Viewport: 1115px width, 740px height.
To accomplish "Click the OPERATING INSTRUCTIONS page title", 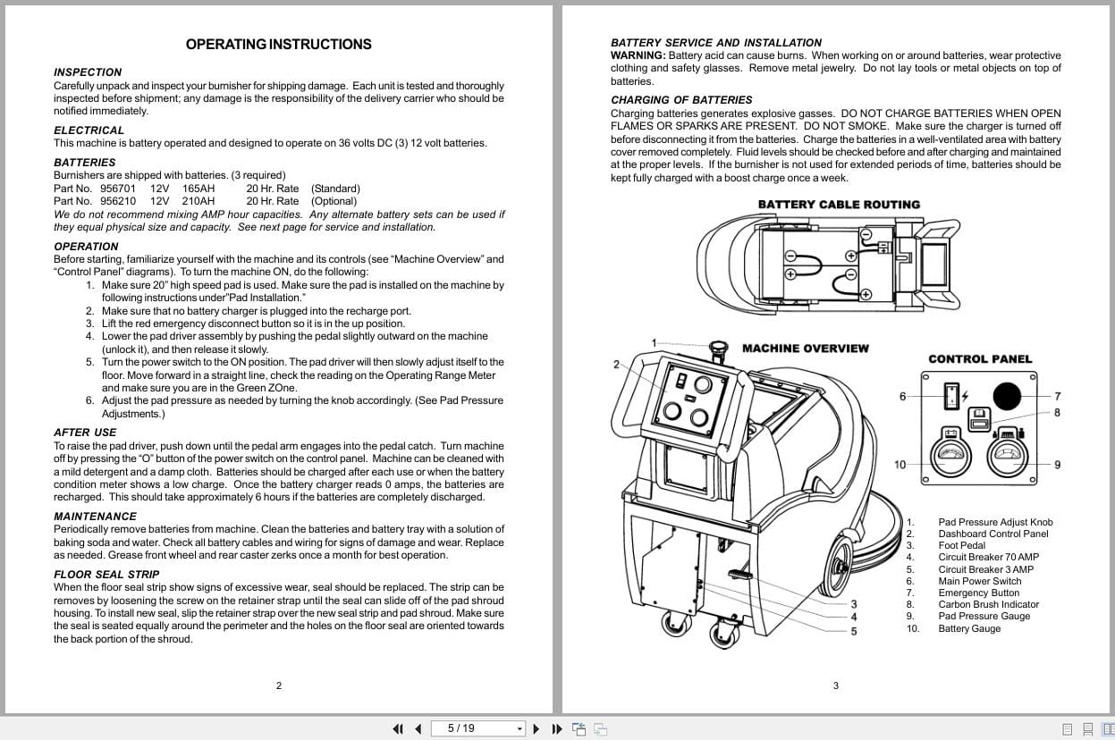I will pyautogui.click(x=278, y=44).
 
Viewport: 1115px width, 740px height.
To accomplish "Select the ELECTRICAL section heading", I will pyautogui.click(x=89, y=130).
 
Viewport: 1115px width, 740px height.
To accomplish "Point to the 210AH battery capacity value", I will pyautogui.click(x=199, y=201).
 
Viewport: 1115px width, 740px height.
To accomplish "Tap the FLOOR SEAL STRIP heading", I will pyautogui.click(x=106, y=575).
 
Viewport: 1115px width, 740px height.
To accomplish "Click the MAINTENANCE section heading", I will pyautogui.click(x=95, y=517).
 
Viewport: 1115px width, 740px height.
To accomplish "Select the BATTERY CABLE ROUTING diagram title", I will pyautogui.click(x=838, y=205).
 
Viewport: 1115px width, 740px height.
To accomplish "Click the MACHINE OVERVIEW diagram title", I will pyautogui.click(x=805, y=349).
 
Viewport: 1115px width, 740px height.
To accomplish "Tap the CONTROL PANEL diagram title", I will pyautogui.click(x=979, y=359).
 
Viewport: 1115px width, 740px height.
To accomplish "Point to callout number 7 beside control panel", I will pyautogui.click(x=1057, y=397).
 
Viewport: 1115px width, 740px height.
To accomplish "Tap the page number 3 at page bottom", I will pyautogui.click(x=835, y=686).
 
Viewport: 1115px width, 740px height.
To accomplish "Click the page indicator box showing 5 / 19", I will pyautogui.click(x=478, y=728).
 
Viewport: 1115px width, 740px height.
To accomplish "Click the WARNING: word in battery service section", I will pyautogui.click(x=638, y=55).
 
